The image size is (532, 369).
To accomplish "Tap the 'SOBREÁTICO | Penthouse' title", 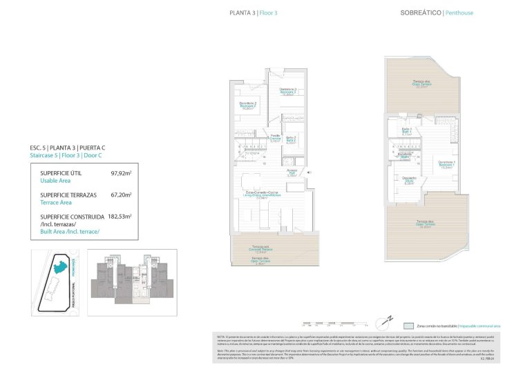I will [437, 13].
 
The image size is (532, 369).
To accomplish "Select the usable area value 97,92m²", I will [121, 175].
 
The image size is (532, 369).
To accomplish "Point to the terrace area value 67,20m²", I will [121, 195].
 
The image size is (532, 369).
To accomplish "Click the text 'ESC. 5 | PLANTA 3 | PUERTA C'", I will [68, 148].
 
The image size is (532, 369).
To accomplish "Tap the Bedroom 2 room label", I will [248, 106].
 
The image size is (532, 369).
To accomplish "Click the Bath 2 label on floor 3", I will [291, 139].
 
